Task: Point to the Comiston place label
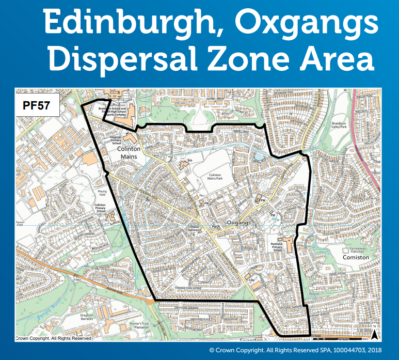pos(356,257)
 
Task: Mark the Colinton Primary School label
pos(100,208)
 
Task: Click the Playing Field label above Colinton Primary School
pos(102,193)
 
